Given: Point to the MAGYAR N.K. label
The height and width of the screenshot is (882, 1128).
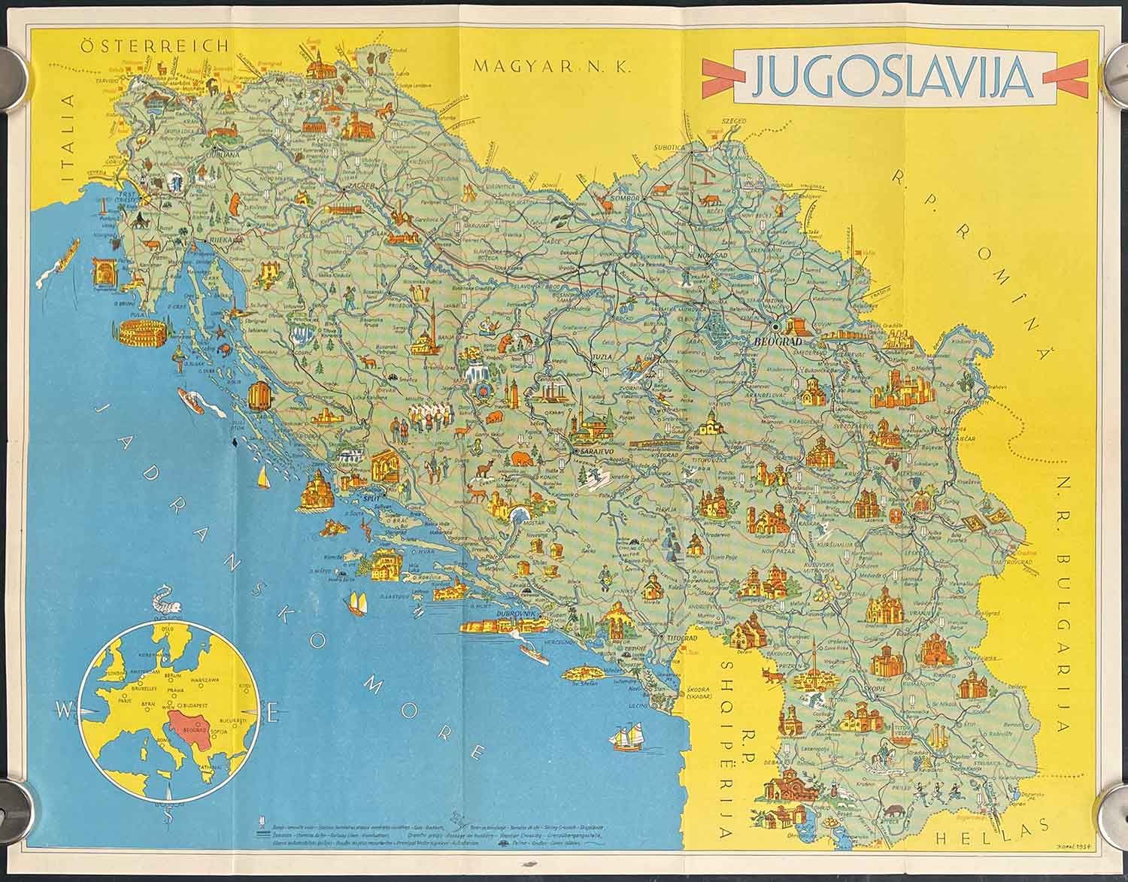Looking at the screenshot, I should pos(552,66).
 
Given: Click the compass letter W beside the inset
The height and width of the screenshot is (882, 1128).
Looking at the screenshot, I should pos(63,708).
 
